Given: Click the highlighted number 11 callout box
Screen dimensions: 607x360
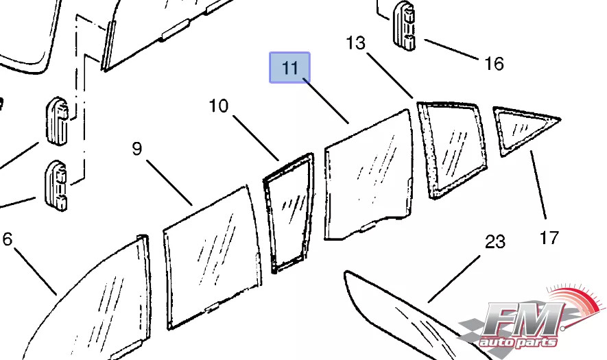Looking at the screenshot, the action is [x=289, y=68].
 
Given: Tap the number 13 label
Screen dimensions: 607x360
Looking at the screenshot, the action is [x=356, y=43].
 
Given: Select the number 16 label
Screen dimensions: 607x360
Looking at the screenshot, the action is [x=494, y=64].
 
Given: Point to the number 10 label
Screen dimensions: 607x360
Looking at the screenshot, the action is [x=218, y=106].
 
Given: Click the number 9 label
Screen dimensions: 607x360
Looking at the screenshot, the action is [x=137, y=148].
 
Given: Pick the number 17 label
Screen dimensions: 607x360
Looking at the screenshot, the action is [x=549, y=238].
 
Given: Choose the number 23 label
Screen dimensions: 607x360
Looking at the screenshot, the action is [x=495, y=241].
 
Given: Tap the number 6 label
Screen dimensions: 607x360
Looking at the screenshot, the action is [x=8, y=239].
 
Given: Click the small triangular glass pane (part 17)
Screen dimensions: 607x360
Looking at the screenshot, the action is [x=521, y=128].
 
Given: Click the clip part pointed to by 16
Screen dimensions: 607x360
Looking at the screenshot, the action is [x=405, y=27].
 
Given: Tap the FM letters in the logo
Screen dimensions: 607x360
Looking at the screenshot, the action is [x=521, y=320].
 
